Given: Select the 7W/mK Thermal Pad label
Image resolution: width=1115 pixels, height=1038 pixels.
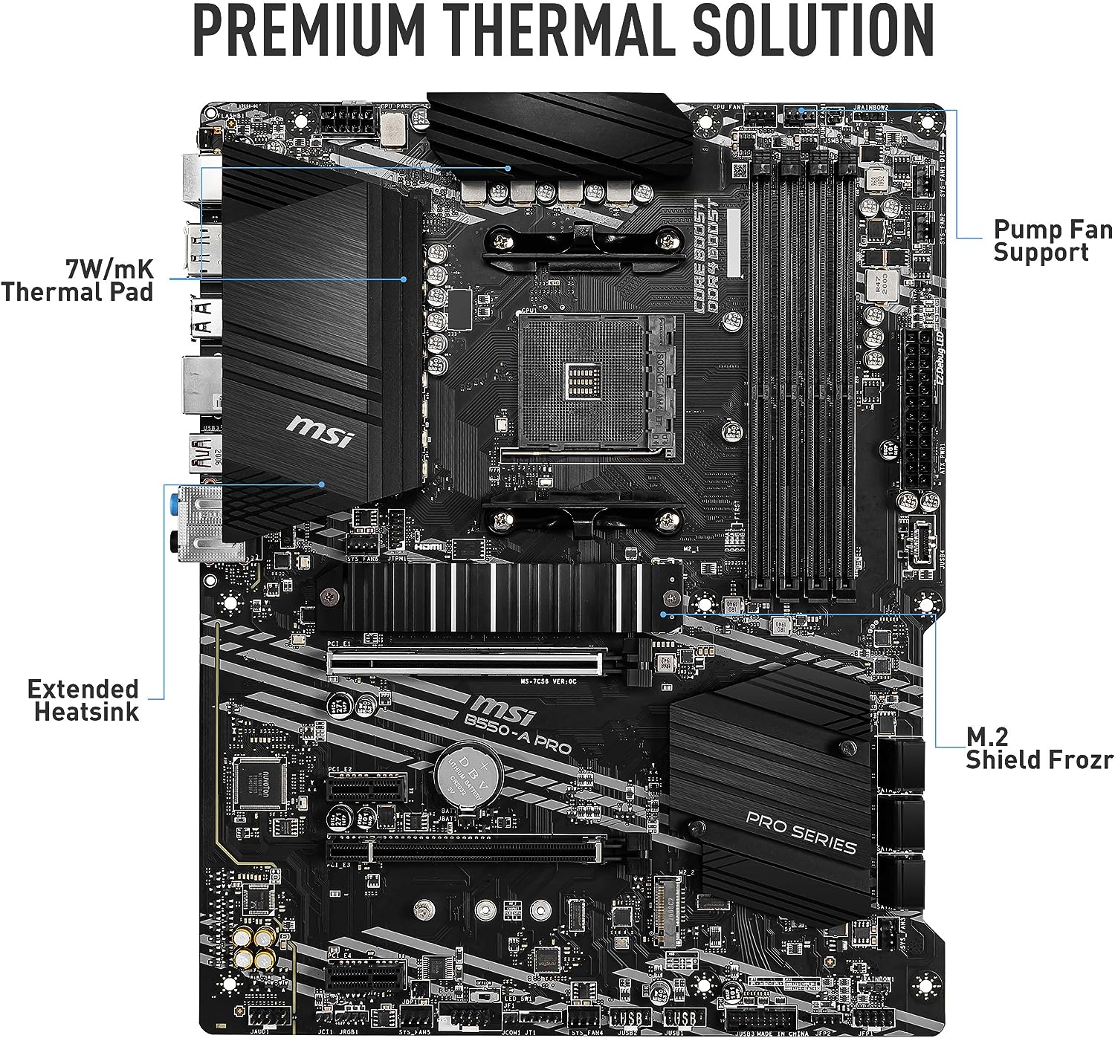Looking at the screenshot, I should pos(77,279).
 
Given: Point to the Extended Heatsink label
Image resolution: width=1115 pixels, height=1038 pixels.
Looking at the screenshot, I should pos(83,700).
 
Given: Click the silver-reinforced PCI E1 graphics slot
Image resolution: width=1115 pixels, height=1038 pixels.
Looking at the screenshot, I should pos(467,661).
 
